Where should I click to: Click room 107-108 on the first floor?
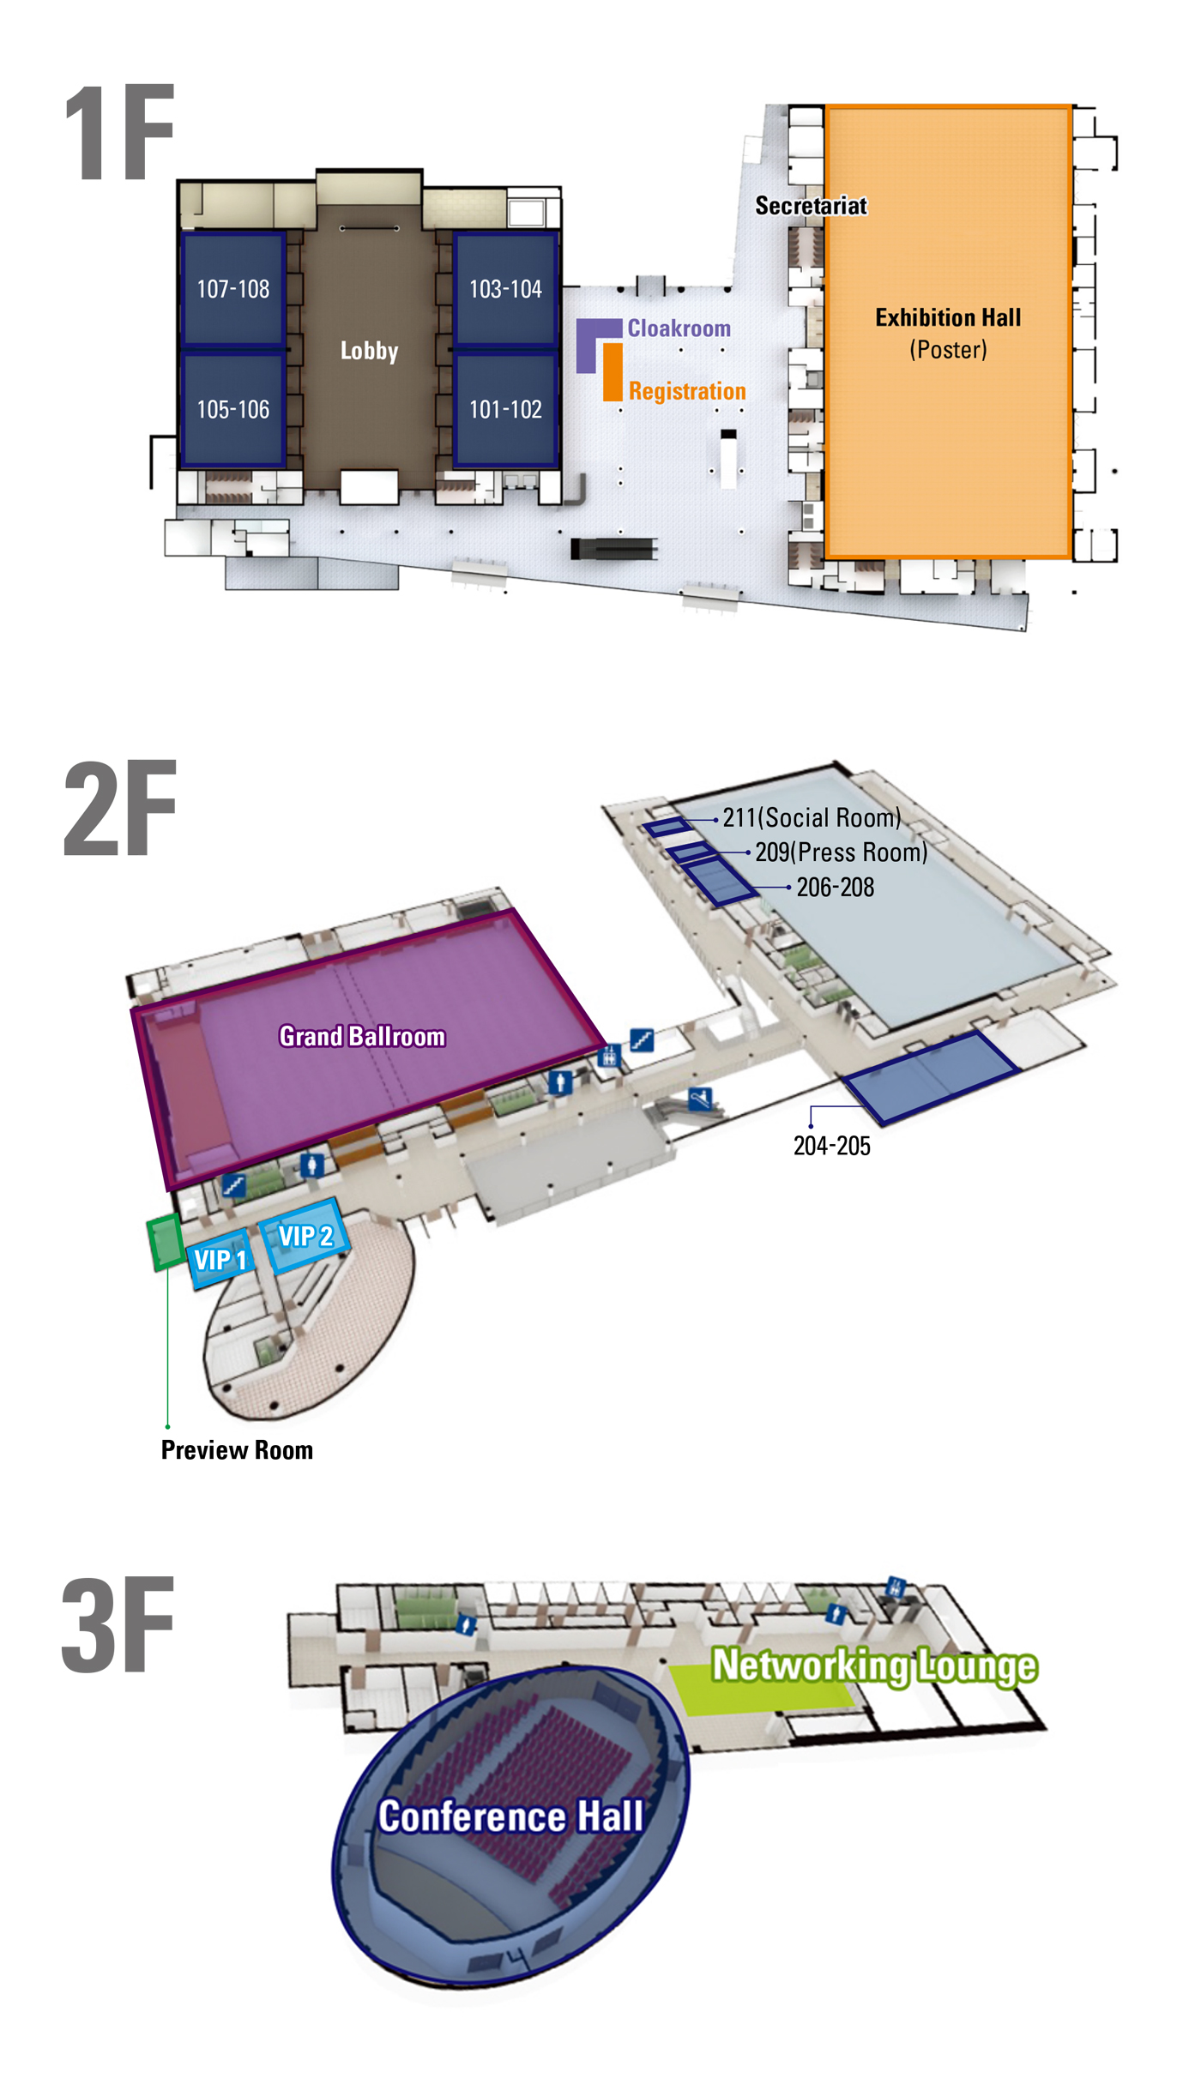coord(233,288)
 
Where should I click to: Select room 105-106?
coord(233,409)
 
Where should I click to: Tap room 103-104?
coord(505,288)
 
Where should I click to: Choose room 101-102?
coord(505,409)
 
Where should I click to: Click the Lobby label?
coord(369,351)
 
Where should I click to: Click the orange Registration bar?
coord(613,372)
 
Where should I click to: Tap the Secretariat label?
coord(811,206)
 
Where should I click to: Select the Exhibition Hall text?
coord(948,317)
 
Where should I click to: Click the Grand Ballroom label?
coord(362,1036)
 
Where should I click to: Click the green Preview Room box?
coord(164,1241)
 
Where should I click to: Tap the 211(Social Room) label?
coord(812,817)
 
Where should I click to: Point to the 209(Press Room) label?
coord(841,852)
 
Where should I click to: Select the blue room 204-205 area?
coord(931,1076)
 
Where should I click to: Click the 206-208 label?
coord(836,887)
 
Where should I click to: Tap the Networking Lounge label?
coord(874,1665)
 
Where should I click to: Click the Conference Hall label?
coord(511,1816)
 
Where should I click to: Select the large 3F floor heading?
coord(118,1625)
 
